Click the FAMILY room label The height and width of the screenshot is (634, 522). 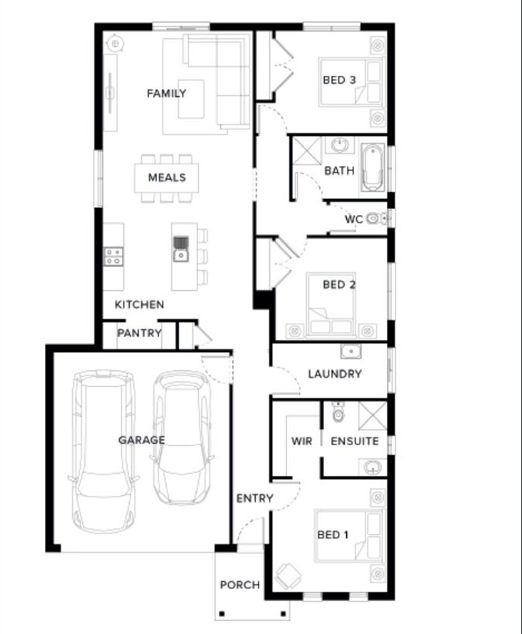point(166,94)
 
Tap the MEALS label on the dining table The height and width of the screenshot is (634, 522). point(167,177)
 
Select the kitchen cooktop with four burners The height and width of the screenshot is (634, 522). point(114,256)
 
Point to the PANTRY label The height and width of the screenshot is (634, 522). point(140,333)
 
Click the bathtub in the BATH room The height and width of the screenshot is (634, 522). point(372,167)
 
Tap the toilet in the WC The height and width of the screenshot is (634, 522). point(376,219)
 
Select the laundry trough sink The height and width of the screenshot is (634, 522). point(351,351)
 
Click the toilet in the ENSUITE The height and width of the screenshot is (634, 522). point(338,411)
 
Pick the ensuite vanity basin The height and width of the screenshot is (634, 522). point(372,467)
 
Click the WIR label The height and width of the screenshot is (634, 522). point(302,441)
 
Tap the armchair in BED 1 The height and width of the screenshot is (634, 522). point(289,576)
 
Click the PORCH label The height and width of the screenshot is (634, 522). point(240,585)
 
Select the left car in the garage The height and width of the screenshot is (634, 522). point(104,451)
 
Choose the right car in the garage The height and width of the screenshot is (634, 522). point(183,438)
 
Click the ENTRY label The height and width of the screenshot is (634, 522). point(255,498)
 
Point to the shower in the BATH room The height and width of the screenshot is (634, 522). point(307,150)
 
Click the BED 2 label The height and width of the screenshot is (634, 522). point(339,285)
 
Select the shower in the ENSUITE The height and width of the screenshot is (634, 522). point(373,415)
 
